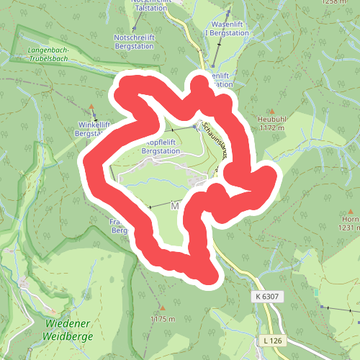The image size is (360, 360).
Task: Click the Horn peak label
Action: coord(351,219)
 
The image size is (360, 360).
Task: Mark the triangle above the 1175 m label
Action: coord(163,307)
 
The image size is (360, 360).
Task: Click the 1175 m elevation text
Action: coord(162,318)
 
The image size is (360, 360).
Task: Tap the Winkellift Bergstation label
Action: coord(93,129)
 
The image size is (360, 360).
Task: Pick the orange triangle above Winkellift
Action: coord(92,111)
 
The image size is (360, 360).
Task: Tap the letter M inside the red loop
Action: coord(174,206)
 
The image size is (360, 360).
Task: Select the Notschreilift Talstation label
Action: coord(153,3)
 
